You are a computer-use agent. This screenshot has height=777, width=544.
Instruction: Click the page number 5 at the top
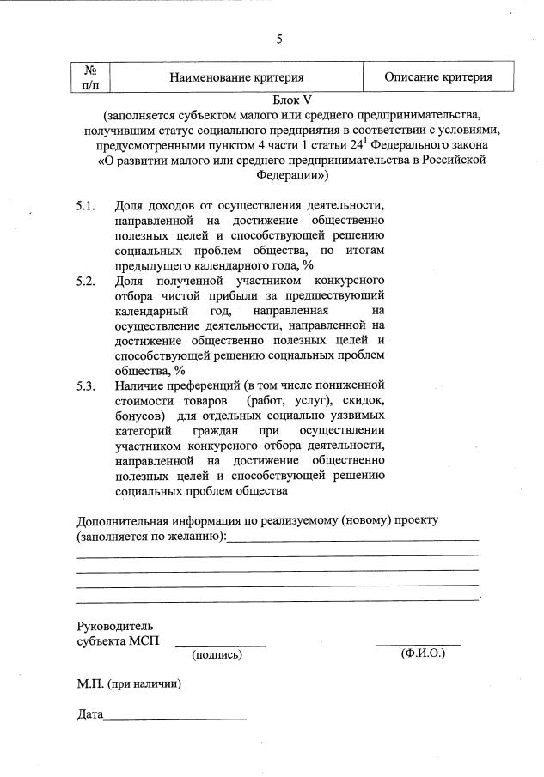[x=279, y=39]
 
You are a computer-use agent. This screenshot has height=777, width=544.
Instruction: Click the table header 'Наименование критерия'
[x=236, y=77]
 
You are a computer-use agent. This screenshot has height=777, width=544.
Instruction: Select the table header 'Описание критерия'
[x=438, y=77]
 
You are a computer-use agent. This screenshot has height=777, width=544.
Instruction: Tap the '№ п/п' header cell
[x=90, y=76]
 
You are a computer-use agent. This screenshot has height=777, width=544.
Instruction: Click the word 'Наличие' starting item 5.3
[x=139, y=385]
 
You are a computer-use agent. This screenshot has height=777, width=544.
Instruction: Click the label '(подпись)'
[x=217, y=655]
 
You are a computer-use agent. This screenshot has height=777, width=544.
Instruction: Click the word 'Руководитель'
[x=115, y=626]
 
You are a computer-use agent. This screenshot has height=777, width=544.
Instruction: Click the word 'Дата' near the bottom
[x=89, y=713]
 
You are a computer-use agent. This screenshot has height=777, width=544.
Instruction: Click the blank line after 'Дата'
[x=174, y=717]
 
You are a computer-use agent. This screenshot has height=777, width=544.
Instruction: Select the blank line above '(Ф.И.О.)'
[x=418, y=643]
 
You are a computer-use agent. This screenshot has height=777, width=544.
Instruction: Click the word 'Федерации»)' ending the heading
[x=291, y=174]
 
